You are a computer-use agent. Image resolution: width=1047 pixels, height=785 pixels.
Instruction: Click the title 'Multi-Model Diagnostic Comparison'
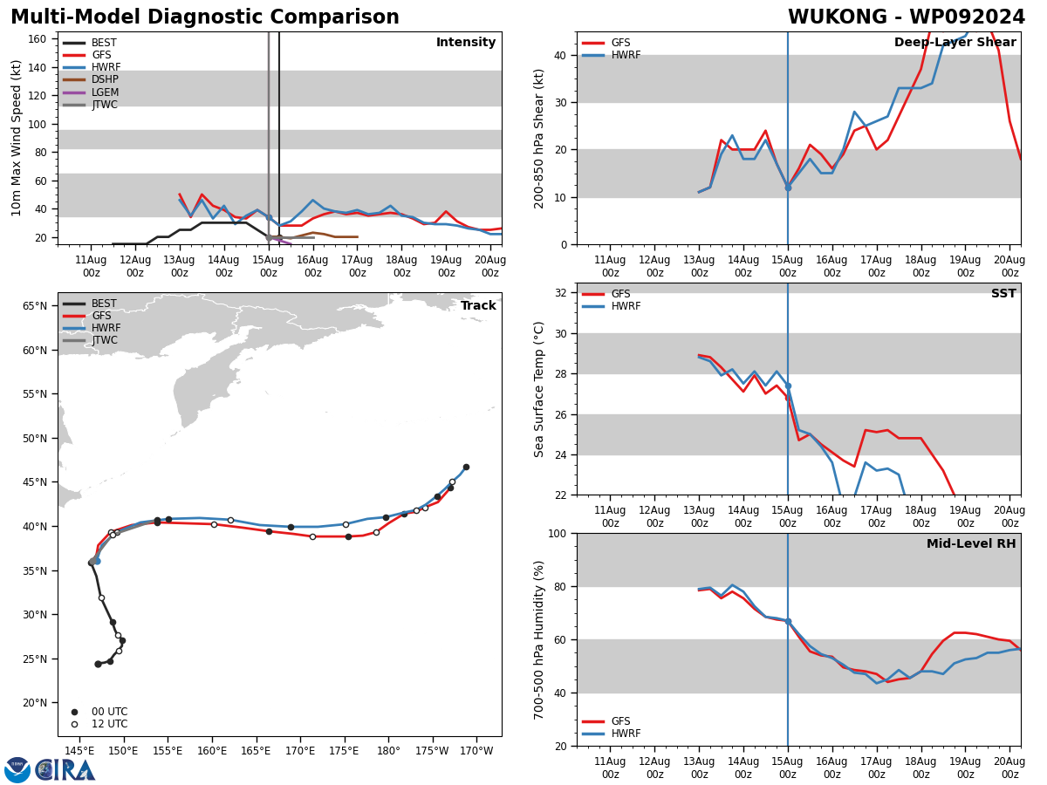click(205, 17)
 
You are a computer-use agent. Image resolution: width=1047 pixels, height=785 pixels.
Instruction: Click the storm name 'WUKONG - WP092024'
click(907, 17)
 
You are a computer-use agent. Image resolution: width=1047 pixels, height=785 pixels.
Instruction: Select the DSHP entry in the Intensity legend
click(104, 79)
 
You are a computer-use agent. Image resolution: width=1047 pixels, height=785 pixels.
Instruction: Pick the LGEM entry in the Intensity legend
click(104, 92)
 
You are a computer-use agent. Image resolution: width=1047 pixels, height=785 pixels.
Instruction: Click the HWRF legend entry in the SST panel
click(626, 306)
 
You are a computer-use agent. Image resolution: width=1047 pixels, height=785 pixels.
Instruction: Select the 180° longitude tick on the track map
click(388, 751)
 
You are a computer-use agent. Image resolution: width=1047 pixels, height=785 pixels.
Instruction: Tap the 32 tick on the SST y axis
click(562, 293)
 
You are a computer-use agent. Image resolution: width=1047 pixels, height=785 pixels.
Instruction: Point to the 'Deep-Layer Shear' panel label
click(955, 43)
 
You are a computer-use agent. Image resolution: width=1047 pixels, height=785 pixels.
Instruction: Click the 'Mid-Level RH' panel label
click(971, 544)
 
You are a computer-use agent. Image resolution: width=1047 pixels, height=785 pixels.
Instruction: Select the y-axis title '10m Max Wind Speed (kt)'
click(17, 138)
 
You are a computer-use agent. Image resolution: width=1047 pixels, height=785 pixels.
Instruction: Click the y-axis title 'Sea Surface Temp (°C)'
click(539, 389)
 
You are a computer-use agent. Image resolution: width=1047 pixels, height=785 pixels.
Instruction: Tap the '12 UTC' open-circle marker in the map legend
click(74, 724)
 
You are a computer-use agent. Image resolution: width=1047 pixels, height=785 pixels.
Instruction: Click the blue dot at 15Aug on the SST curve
click(788, 386)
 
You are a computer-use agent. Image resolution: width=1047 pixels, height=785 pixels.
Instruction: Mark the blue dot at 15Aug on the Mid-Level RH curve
click(788, 621)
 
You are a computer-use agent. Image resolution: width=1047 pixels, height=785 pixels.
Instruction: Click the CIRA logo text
click(65, 770)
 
